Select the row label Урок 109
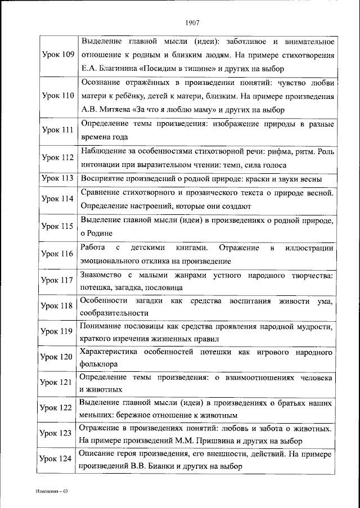coord(58,55)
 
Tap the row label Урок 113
coord(58,179)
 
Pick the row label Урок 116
coord(58,254)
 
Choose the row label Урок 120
coord(58,357)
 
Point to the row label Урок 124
coord(58,459)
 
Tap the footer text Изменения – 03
coord(50,492)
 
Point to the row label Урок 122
coord(58,408)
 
